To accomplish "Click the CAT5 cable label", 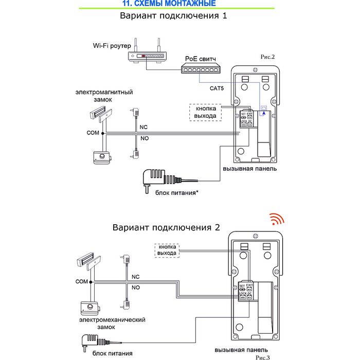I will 217,88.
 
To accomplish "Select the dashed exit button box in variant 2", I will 168,250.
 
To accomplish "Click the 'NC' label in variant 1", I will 145,126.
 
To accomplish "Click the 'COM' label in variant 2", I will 82,282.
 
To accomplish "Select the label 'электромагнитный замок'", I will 104,96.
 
